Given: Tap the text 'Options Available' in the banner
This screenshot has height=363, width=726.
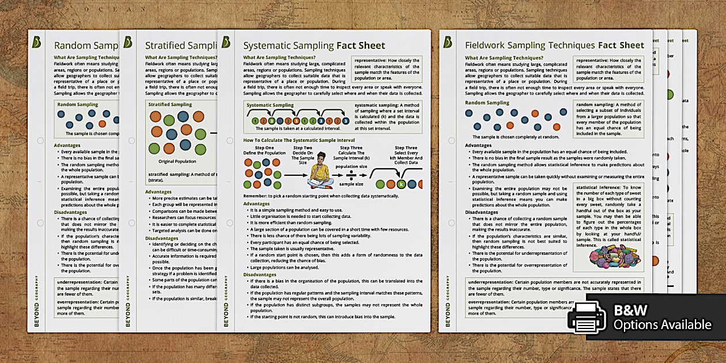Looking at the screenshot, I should click(662, 325).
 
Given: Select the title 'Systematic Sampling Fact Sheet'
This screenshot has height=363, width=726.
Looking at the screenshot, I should click(314, 46).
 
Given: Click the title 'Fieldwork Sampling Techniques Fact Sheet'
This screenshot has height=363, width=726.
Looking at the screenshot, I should click(554, 45).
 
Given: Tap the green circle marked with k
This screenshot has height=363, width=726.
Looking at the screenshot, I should click(401, 184).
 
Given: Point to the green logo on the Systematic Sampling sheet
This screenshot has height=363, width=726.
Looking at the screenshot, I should click(226, 42).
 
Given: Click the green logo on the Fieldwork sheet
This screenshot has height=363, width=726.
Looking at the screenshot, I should click(448, 42).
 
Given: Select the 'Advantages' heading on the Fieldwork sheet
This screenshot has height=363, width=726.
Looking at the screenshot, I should click(478, 145).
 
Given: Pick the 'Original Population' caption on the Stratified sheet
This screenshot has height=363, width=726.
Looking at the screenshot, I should click(177, 161).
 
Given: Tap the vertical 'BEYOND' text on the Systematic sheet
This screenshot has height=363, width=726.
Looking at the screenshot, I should click(226, 315).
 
